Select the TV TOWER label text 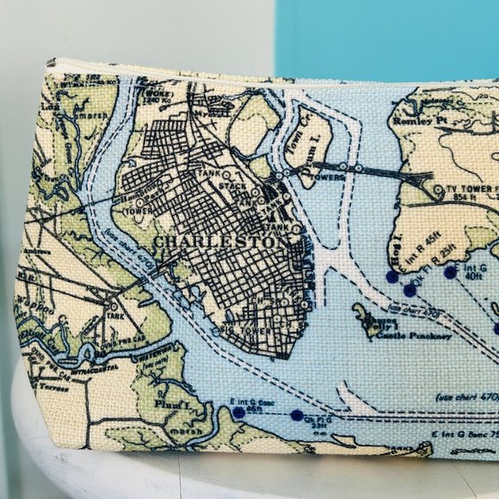[470, 188]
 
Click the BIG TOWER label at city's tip [243, 328]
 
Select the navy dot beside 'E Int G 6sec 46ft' [238, 414]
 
